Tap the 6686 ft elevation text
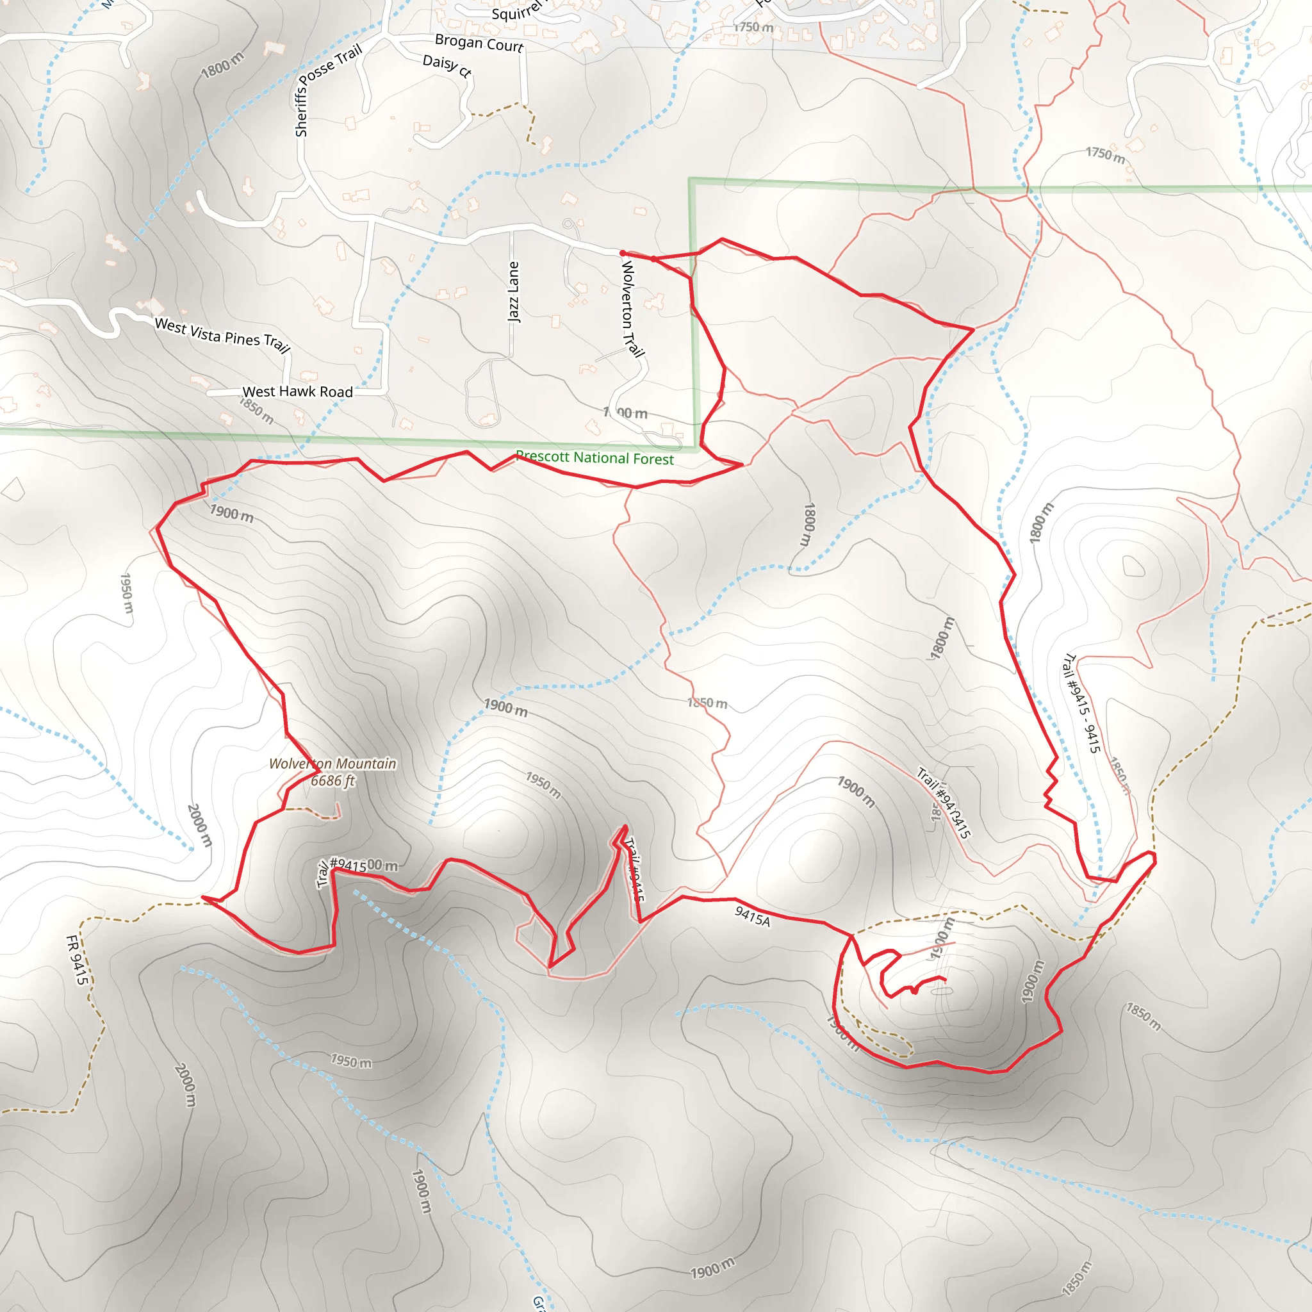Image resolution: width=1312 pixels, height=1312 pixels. tap(332, 780)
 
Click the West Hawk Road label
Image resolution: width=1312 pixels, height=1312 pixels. tap(297, 392)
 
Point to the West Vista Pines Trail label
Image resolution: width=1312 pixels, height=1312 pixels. tap(222, 335)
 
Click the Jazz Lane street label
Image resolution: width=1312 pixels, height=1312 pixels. tap(513, 292)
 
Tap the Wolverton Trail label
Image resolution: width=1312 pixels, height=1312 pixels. tap(632, 309)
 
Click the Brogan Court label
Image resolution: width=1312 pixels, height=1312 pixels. tap(479, 44)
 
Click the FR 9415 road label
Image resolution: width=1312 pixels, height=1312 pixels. tap(77, 959)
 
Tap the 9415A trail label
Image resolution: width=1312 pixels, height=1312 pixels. tap(753, 915)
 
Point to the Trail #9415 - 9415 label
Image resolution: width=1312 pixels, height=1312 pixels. tap(1081, 703)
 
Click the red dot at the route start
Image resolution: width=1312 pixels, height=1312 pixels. tap(623, 253)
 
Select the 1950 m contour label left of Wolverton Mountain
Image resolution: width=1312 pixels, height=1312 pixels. tap(127, 593)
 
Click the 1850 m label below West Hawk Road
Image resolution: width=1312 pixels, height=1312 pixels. tap(257, 410)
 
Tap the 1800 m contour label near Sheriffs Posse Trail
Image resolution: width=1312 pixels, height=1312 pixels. tap(222, 65)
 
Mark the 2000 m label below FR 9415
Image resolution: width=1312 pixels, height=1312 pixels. tap(185, 1085)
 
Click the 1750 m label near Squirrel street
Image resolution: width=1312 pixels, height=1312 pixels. tap(754, 27)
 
